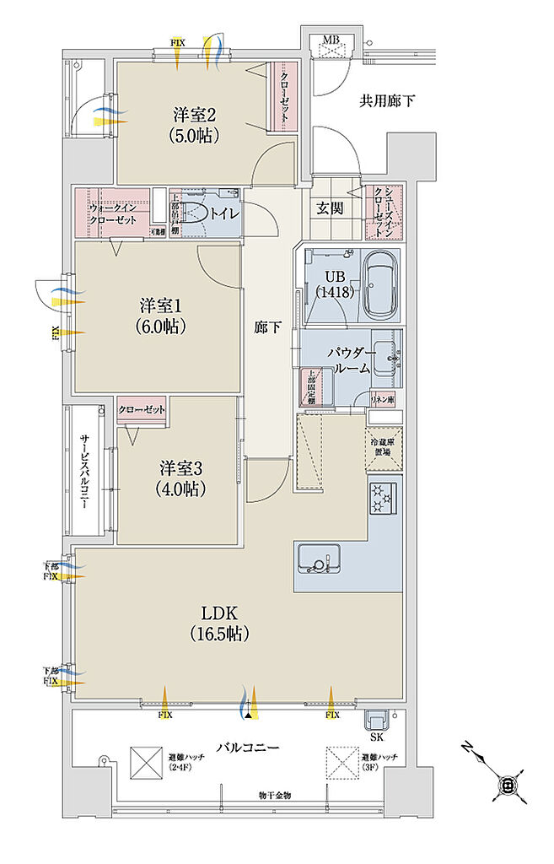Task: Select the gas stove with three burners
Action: tap(385, 497)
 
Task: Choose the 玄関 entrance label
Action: tap(331, 208)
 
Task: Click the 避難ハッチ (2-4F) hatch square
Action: tap(145, 764)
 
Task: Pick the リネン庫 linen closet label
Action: tap(383, 399)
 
